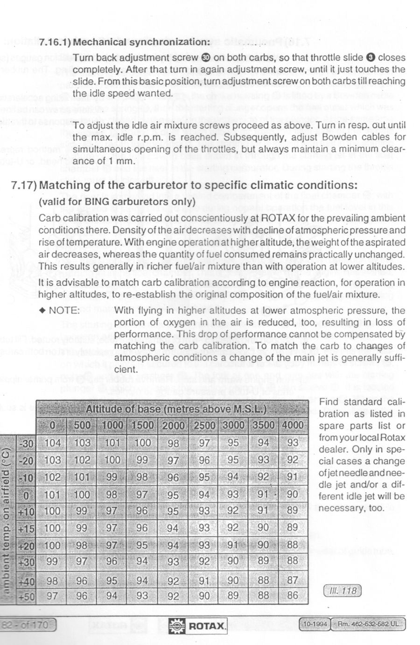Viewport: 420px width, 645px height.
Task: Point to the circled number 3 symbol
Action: [371, 58]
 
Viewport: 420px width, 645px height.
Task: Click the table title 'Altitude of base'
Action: [176, 410]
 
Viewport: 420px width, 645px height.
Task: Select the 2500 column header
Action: [204, 425]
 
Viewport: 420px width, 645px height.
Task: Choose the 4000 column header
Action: [293, 425]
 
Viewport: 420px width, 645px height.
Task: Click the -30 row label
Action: [26, 443]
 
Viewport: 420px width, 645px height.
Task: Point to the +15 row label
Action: [26, 528]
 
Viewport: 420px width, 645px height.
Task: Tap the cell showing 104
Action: [52, 443]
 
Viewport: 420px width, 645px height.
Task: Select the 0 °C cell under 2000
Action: [173, 495]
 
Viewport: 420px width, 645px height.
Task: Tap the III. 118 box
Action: [342, 591]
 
